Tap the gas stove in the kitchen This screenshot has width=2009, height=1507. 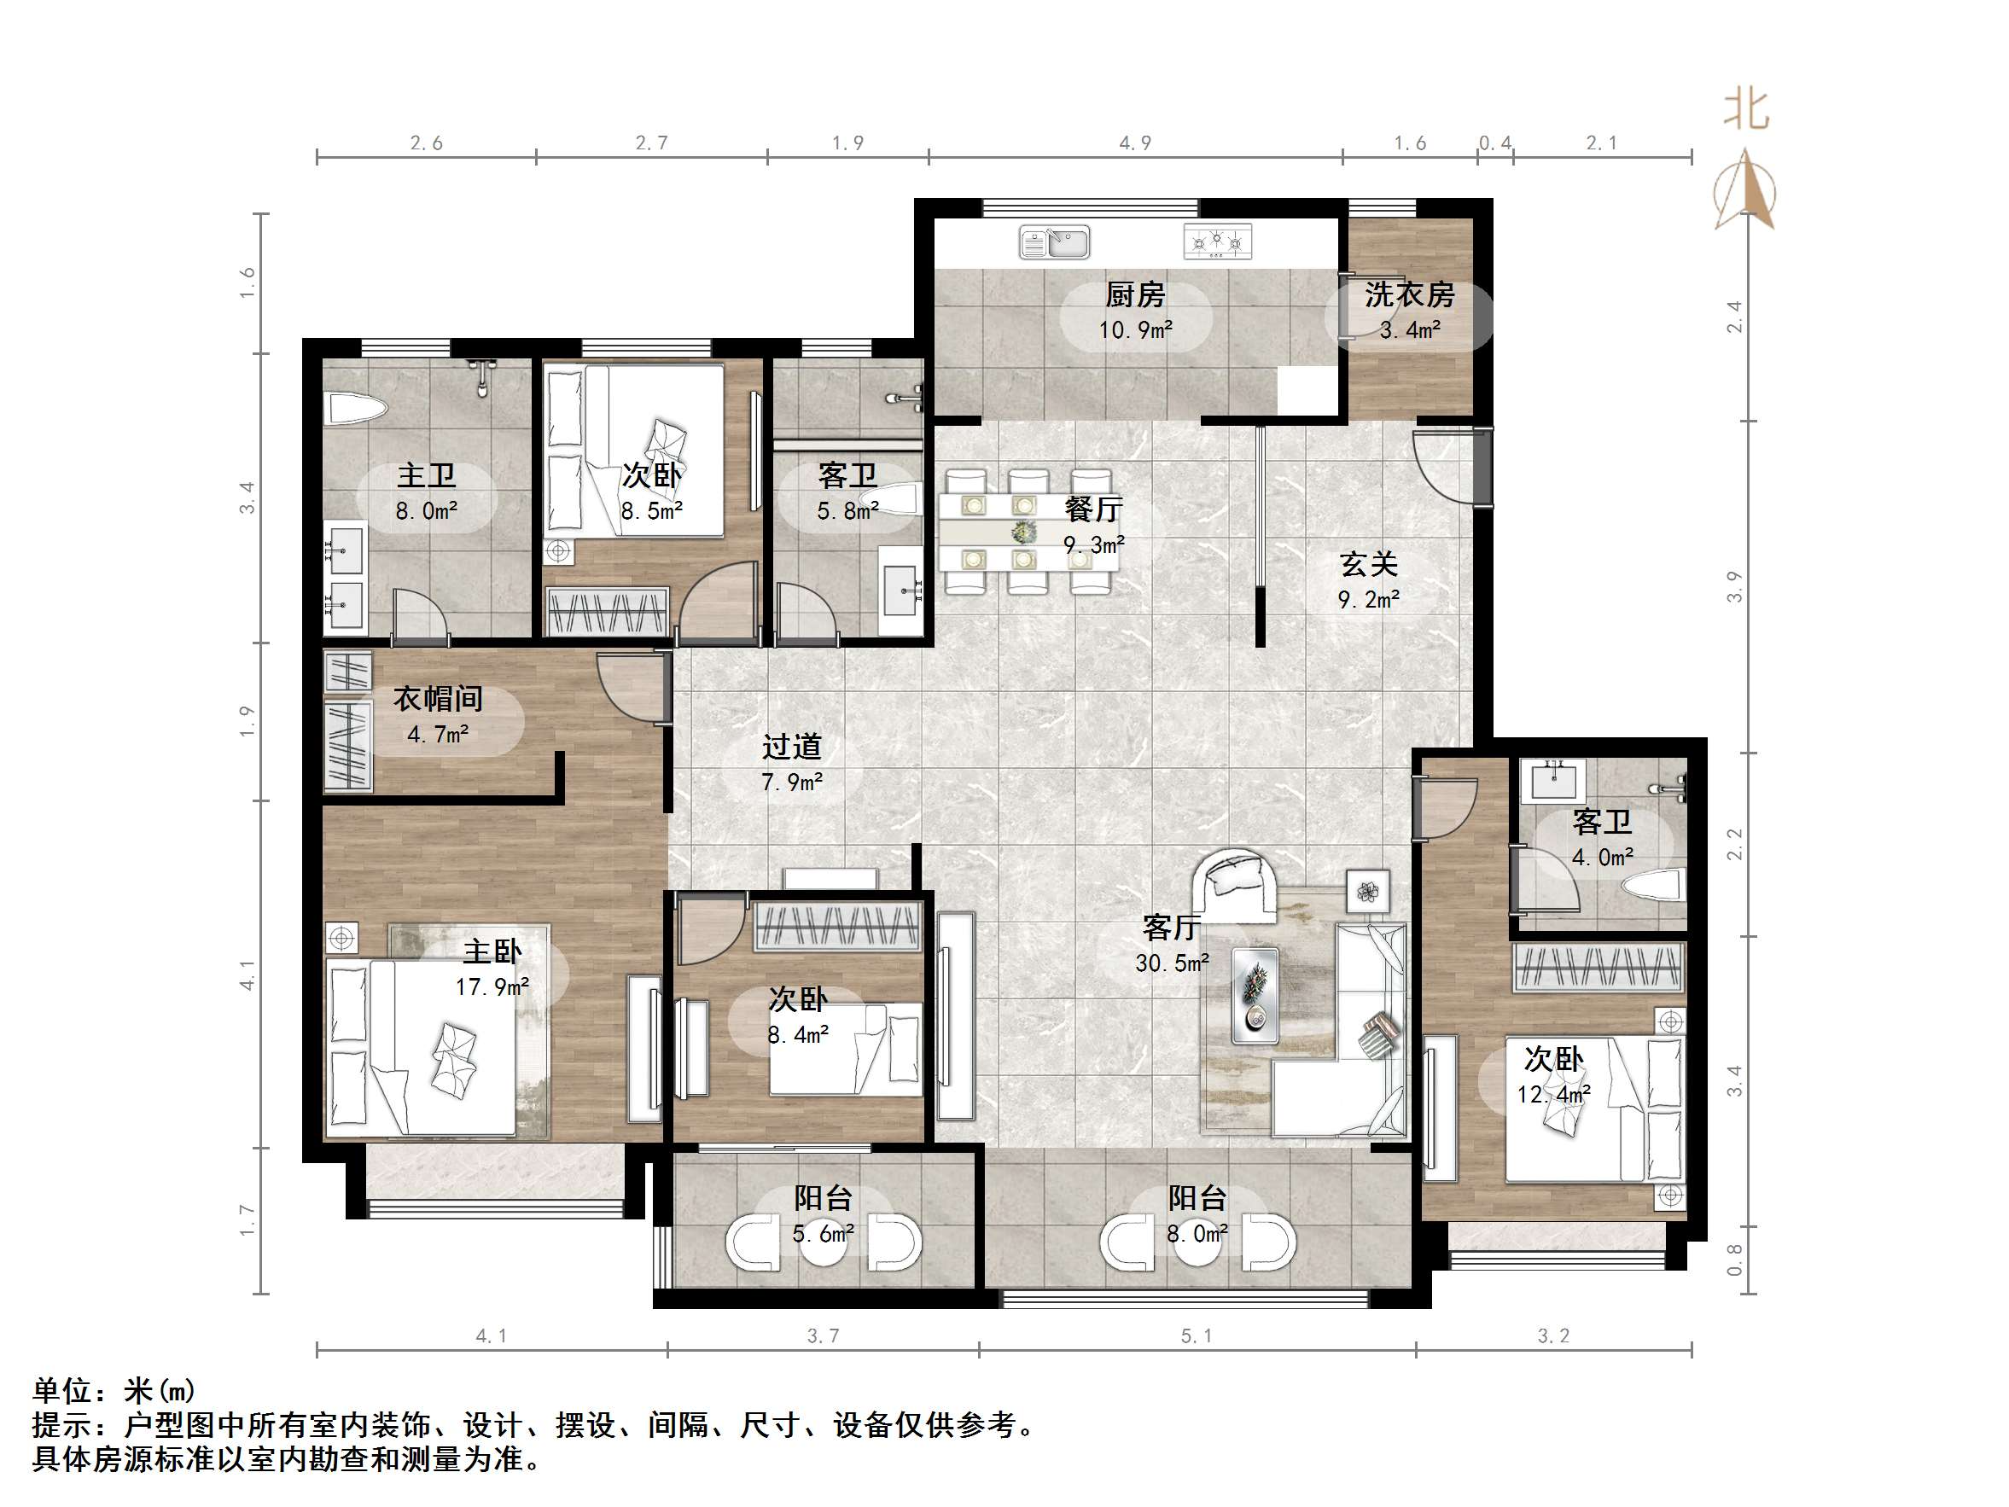click(x=1217, y=241)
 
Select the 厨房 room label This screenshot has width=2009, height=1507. click(x=1135, y=294)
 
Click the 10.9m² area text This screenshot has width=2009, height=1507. click(x=1135, y=329)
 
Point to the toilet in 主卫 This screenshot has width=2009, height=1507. click(x=355, y=409)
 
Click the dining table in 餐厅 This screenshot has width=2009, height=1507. click(x=1027, y=532)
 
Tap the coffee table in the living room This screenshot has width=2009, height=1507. click(x=1255, y=996)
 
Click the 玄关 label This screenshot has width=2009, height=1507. click(x=1368, y=564)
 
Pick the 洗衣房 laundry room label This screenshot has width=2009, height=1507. click(x=1409, y=294)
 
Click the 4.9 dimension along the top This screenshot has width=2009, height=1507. click(x=1135, y=143)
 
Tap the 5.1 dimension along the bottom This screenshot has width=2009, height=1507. click(x=1197, y=1335)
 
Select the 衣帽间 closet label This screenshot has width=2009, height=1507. click(x=438, y=699)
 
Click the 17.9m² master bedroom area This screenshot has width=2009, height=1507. click(x=492, y=986)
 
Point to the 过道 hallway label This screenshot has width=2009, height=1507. click(x=791, y=747)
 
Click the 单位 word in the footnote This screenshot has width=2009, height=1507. click(x=61, y=1391)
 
